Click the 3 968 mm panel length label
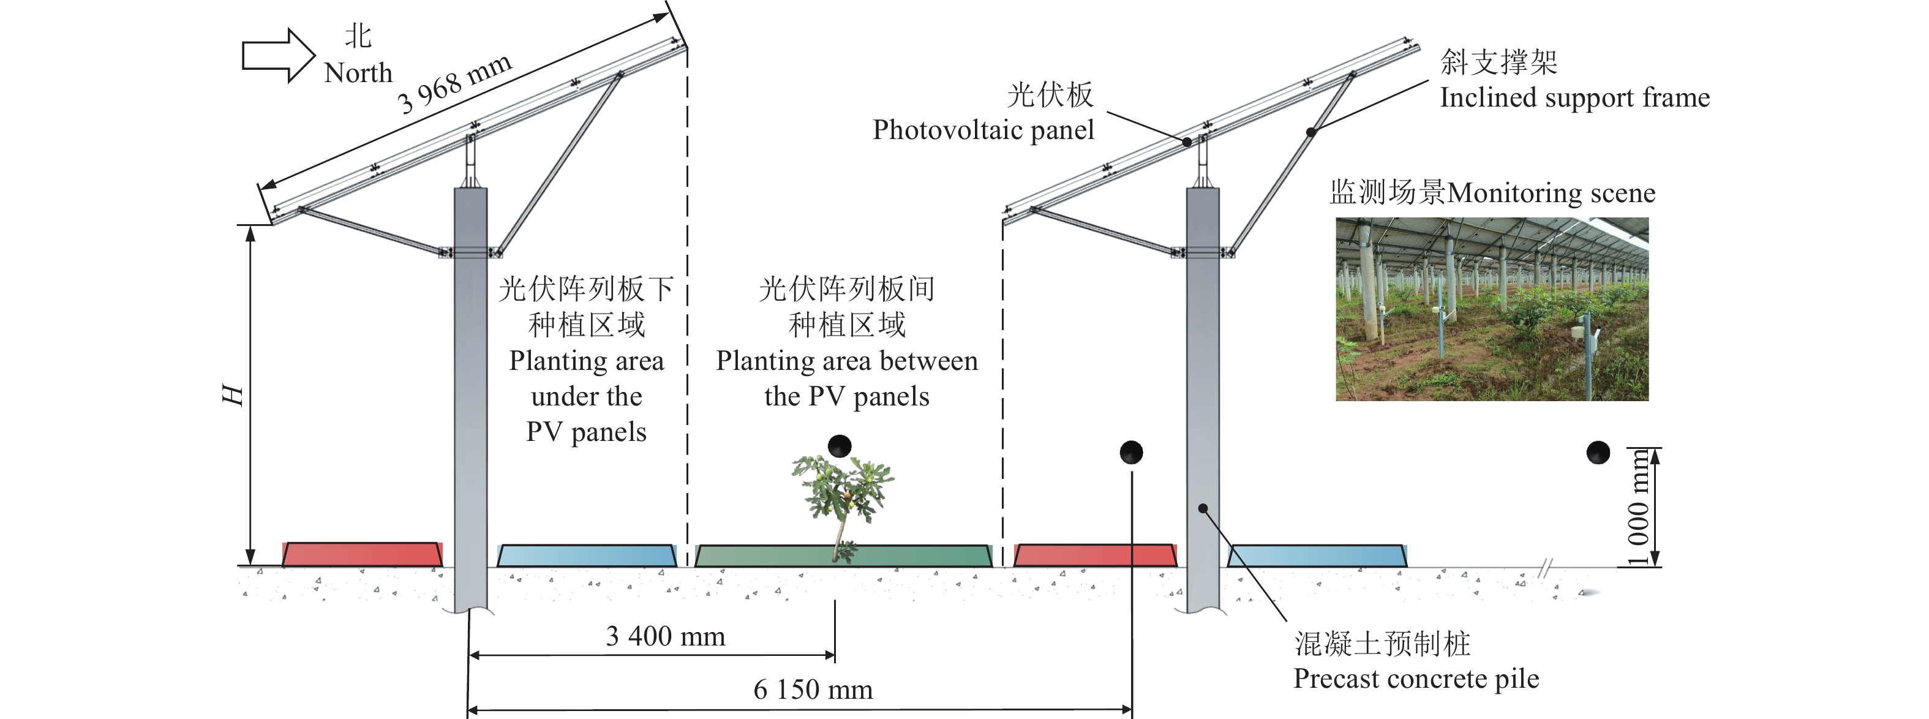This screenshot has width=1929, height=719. [454, 84]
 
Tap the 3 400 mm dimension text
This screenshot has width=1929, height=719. [665, 636]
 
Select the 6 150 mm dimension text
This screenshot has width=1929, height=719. [813, 690]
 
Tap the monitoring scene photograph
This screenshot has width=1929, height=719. [1492, 309]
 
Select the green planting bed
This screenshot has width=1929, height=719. [843, 555]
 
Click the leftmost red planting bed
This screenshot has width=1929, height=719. [362, 555]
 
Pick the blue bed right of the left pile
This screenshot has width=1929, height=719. [586, 555]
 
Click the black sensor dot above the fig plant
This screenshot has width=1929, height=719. [840, 446]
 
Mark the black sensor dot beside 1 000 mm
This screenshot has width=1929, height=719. [1598, 453]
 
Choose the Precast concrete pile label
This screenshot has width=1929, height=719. [1415, 679]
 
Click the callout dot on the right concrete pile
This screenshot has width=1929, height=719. [1203, 508]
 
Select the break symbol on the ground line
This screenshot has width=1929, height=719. [1544, 568]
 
